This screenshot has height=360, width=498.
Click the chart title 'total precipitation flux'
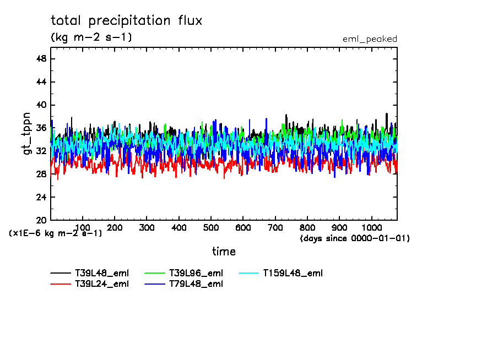pos(126,21)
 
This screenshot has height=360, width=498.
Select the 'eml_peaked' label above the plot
pos(370,39)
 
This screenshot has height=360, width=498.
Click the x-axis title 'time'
pos(224,252)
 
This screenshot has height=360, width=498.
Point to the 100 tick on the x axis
pos(83,227)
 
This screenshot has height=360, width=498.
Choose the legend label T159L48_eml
pos(293,273)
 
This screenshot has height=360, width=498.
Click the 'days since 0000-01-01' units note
pos(355,238)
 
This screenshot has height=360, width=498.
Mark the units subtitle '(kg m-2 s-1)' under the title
pos(91,37)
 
